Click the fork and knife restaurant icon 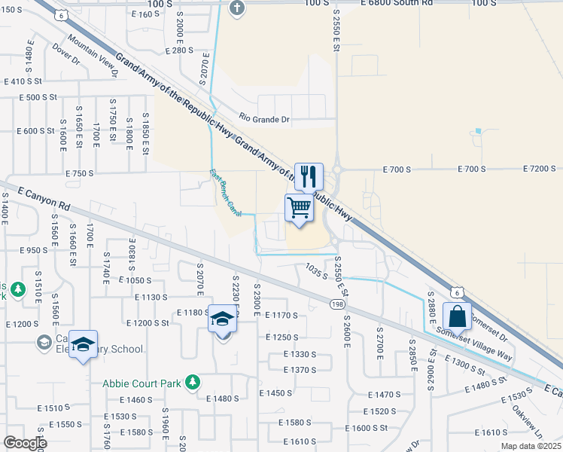[x=309, y=177]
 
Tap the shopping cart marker [x=299, y=207]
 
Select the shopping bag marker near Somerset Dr [x=458, y=316]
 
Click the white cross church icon [x=237, y=8]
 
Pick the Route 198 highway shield [x=337, y=302]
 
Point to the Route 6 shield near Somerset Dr [x=456, y=292]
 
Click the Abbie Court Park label [x=142, y=383]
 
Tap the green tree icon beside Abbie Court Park [x=193, y=383]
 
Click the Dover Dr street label [x=66, y=54]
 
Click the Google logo [x=24, y=443]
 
